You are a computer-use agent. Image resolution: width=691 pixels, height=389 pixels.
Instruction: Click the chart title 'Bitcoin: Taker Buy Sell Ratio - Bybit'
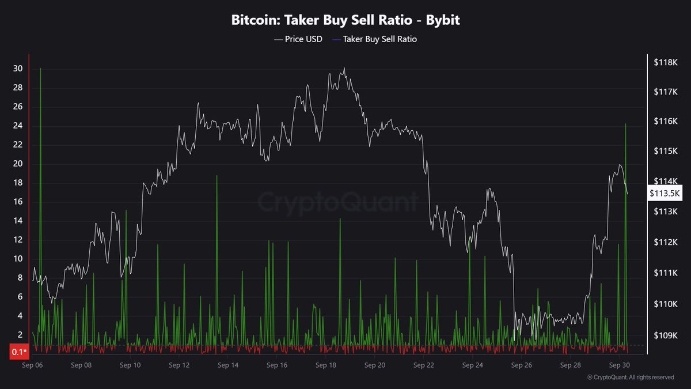point(345,21)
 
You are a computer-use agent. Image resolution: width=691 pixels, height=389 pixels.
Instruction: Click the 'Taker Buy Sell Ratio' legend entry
point(380,39)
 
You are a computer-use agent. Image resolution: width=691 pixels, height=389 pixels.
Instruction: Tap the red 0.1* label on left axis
point(19,352)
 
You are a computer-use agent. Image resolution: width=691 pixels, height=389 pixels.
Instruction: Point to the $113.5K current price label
point(665,194)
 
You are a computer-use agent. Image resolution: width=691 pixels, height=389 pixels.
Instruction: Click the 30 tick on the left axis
point(18,69)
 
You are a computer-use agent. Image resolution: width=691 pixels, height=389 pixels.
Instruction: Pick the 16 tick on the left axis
point(18,202)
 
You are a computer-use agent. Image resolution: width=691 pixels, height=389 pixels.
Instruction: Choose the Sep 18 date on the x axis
point(326,365)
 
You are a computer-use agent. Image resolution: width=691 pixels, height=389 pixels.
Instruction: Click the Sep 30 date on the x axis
point(618,365)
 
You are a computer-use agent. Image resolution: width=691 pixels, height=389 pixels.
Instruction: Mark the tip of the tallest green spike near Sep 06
point(40,69)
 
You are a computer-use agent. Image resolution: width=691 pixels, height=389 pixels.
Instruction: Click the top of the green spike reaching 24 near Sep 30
point(625,124)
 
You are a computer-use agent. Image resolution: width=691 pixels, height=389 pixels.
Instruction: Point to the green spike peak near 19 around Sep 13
point(217,176)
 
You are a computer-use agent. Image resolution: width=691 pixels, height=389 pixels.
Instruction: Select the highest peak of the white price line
point(344,68)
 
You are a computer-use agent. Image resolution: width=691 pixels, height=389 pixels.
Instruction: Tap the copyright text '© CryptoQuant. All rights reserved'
point(630,377)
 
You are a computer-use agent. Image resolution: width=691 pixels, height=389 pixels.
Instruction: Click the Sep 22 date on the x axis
point(424,365)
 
